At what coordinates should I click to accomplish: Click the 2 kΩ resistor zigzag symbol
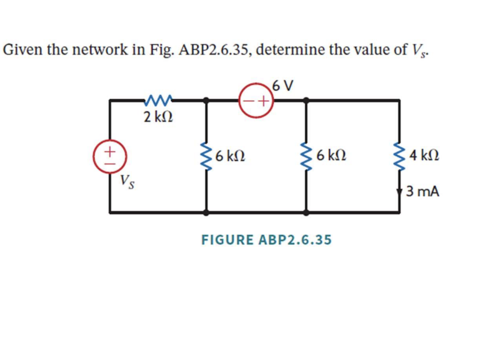158,100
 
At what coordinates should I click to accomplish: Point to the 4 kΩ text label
424,156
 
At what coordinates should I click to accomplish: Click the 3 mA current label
423,192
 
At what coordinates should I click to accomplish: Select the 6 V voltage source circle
256,101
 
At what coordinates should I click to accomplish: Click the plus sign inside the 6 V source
263,101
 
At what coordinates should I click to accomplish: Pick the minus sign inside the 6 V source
249,101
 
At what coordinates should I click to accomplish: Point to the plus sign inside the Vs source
110,151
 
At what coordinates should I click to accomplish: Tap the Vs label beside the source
127,181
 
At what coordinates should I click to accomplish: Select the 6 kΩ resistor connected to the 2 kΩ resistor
207,156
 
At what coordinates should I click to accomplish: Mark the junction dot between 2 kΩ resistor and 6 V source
207,100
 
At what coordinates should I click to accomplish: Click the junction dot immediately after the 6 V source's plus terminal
305,100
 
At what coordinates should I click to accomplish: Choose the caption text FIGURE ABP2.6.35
266,240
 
